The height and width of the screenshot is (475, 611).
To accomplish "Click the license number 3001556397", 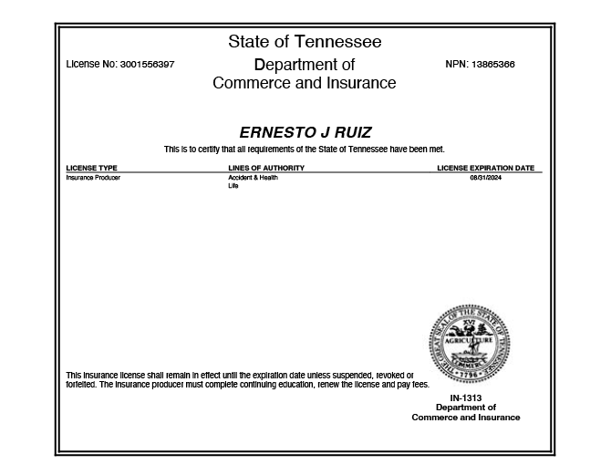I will coord(147,65).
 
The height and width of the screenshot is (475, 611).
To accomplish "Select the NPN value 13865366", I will coord(493,65).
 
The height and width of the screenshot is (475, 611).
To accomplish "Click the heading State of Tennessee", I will coord(305,42).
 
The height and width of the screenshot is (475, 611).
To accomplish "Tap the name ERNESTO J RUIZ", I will coord(305,132).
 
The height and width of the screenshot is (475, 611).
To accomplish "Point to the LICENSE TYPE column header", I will coord(92,168).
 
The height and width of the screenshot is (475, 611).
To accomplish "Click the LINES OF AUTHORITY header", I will coord(266,168).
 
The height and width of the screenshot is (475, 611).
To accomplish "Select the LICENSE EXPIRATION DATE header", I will coord(485,168).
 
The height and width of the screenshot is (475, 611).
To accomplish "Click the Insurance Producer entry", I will coord(93,178).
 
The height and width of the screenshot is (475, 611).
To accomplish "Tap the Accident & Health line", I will coord(253,178).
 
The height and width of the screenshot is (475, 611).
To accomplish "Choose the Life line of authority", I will coord(233,186).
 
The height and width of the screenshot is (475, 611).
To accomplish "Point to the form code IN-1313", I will coord(466,398).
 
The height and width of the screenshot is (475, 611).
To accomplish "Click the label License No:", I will coord(91,65).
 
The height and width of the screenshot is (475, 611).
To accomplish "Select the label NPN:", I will coord(457,65).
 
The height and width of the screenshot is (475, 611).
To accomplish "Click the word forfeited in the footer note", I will coord(80,384).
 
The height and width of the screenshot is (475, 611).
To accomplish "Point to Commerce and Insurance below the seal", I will coord(466,418).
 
